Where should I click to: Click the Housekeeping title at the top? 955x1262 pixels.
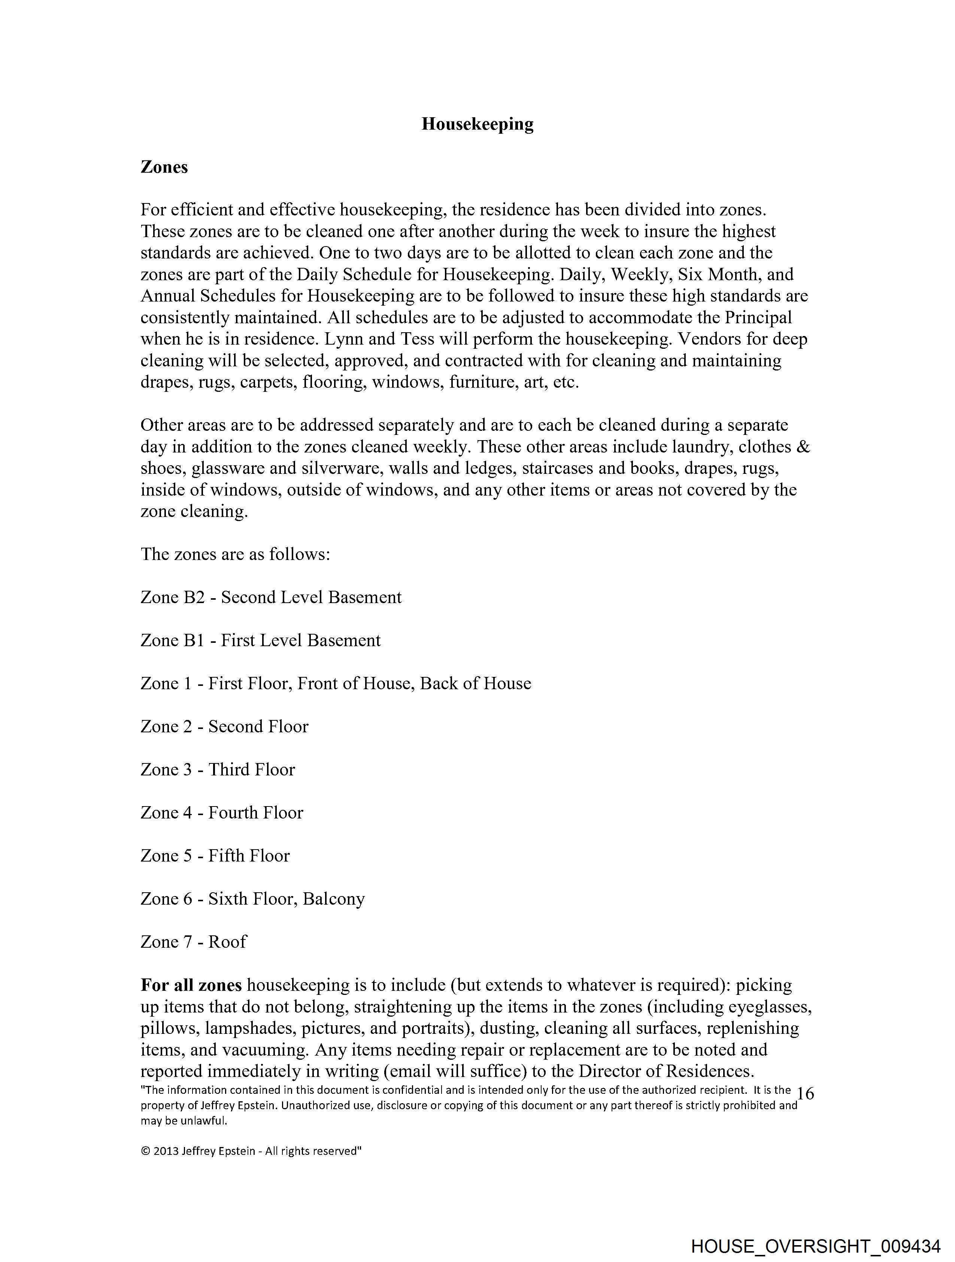click(x=477, y=124)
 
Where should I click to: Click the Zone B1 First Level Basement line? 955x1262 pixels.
click(x=260, y=640)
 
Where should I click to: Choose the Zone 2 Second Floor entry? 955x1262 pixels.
click(x=224, y=726)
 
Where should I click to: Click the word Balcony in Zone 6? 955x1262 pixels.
click(x=334, y=899)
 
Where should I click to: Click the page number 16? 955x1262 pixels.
click(x=805, y=1094)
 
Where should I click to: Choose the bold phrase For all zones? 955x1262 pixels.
click(x=191, y=985)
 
